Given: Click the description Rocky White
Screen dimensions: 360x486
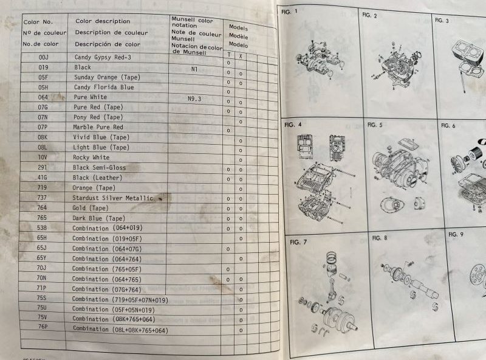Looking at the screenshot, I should pos(92,157).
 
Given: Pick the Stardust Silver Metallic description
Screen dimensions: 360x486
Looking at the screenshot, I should pos(114,198).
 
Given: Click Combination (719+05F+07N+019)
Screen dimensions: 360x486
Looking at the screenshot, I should pos(120,299).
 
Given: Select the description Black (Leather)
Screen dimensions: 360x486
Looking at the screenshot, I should pos(97,178).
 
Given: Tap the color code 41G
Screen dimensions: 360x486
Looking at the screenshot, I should pos(43,178).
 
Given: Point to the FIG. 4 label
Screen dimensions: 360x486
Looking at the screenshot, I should pos(293,125).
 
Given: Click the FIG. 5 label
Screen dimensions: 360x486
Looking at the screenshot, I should pos(375,125).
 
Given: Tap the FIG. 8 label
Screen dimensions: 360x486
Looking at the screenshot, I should pos(380,238).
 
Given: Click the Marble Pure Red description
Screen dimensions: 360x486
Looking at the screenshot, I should pos(98,127).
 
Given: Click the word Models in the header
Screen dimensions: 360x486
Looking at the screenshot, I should pos(238,28).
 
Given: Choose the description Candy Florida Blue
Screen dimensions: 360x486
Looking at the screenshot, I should pos(103,88).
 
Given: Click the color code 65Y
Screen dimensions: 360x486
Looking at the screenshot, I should pos(42,258).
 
